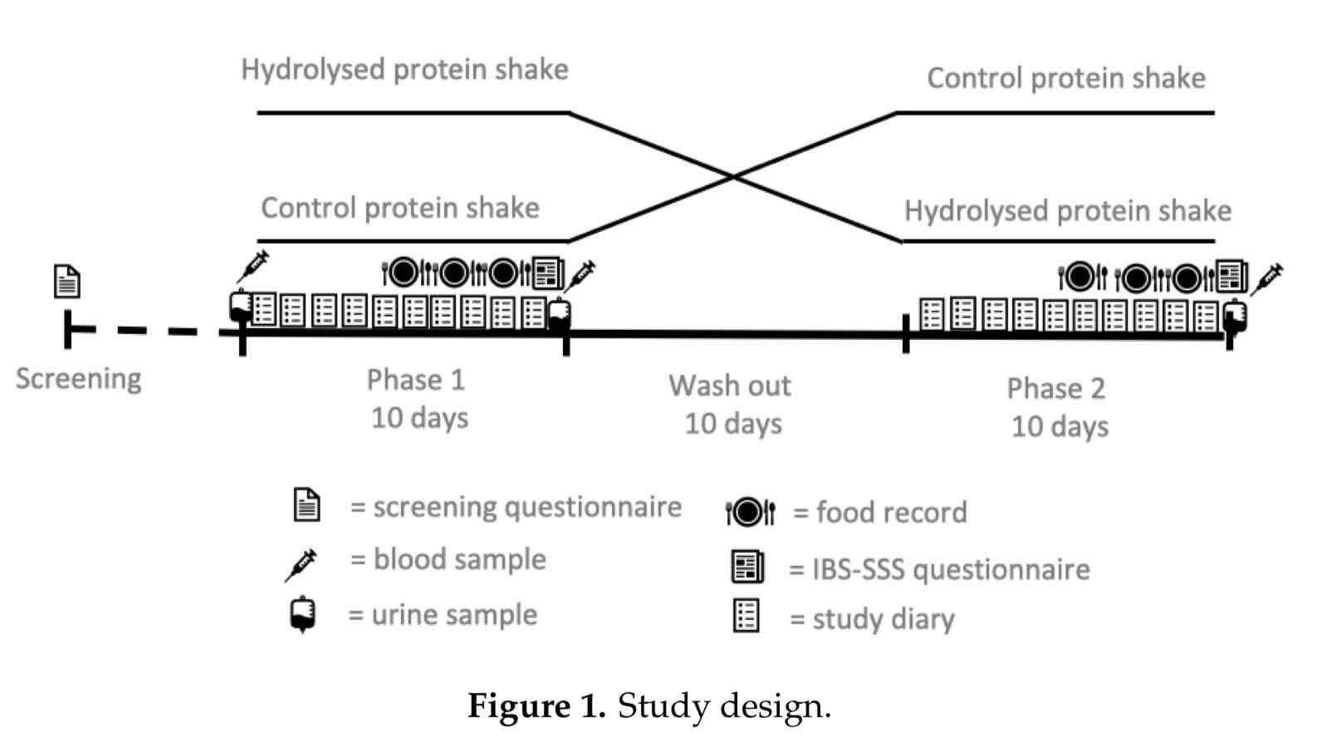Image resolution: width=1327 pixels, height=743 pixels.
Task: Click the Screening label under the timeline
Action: pyautogui.click(x=79, y=379)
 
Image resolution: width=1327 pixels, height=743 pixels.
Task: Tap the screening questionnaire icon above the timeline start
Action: pyautogui.click(x=67, y=281)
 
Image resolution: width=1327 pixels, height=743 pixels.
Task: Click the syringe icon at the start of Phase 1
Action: pyautogui.click(x=253, y=266)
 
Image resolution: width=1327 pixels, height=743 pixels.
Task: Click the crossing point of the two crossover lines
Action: pyautogui.click(x=733, y=176)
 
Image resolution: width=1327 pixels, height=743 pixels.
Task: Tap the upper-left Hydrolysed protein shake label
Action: pyautogui.click(x=404, y=70)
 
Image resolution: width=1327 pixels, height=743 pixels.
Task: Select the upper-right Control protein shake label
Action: pyautogui.click(x=1066, y=78)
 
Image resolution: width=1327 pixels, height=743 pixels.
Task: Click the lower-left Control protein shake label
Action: pyautogui.click(x=400, y=208)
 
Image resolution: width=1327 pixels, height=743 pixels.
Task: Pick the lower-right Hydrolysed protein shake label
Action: pyautogui.click(x=1068, y=212)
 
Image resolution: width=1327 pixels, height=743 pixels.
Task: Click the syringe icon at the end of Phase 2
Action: pyautogui.click(x=1266, y=279)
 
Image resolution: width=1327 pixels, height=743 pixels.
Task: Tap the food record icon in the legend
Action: pyautogui.click(x=751, y=512)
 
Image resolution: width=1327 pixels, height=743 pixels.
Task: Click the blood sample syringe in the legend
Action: pyautogui.click(x=301, y=565)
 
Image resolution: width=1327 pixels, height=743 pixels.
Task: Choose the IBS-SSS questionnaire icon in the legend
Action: pyautogui.click(x=747, y=566)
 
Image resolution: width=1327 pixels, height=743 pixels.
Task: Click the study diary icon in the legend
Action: pyautogui.click(x=746, y=616)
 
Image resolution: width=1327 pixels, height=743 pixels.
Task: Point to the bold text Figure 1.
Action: pyautogui.click(x=536, y=706)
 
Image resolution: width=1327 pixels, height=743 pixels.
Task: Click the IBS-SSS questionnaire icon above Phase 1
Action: pyautogui.click(x=548, y=273)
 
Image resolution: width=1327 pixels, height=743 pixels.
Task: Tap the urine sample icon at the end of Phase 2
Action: pyautogui.click(x=1236, y=317)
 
